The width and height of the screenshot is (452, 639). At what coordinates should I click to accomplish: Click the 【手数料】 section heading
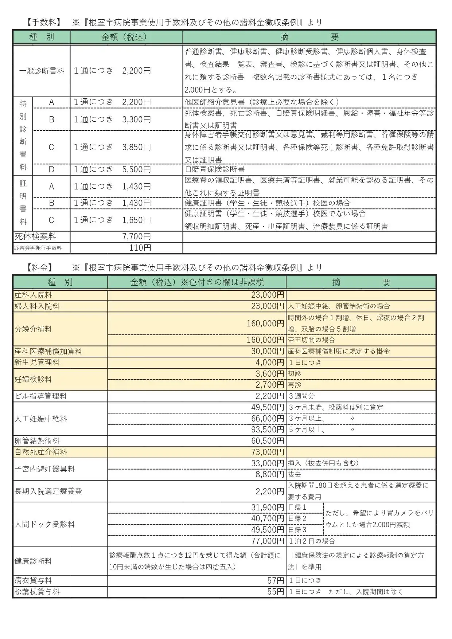point(43,23)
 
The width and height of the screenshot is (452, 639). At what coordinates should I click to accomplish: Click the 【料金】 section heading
point(40,268)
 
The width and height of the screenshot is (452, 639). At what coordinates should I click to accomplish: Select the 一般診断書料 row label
point(42,71)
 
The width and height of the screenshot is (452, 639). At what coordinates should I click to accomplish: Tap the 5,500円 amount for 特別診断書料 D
point(136,169)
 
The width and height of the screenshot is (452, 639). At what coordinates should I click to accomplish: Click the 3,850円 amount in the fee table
point(136,147)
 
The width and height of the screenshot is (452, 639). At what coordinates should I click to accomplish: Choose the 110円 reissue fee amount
point(140,248)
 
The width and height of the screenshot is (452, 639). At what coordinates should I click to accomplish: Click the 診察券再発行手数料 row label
point(38,248)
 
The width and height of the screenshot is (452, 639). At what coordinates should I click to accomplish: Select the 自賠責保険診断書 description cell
point(215,169)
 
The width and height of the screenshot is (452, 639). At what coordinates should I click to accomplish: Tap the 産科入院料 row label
point(33,295)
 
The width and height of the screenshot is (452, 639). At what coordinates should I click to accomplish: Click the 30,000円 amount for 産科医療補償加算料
point(268,351)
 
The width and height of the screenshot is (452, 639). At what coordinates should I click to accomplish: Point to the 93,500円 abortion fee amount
point(268,430)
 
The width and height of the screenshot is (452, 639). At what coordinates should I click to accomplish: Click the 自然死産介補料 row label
point(41,452)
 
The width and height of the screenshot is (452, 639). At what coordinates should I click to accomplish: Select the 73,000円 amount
point(268,452)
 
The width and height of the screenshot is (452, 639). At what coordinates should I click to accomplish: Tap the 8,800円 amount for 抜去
point(270,474)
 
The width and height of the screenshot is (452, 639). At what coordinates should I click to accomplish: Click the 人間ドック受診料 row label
point(44,524)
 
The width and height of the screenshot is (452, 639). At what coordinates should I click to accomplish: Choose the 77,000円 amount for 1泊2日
point(268,541)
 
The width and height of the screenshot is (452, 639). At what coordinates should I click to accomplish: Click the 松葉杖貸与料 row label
point(37,592)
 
